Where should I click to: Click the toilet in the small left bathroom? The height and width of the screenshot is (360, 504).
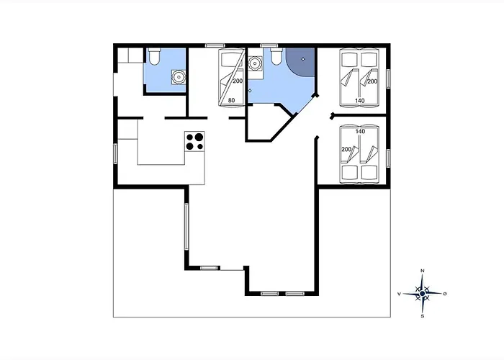point(155,56)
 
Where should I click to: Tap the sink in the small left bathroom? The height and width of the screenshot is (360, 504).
point(179,77)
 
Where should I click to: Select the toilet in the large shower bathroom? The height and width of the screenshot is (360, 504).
point(276,56)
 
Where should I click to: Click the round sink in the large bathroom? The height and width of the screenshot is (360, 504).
point(256,63)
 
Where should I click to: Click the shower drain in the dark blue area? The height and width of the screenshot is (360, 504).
point(303,59)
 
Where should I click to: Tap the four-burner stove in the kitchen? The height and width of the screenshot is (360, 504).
point(195,141)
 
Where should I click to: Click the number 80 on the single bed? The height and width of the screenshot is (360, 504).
point(231,100)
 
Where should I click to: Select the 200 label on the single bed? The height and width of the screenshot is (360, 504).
point(238,81)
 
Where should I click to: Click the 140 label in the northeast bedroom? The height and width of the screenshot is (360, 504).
point(360,101)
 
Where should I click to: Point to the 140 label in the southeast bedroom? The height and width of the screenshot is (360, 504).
point(360,132)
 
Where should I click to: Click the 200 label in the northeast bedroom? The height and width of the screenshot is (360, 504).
point(372,81)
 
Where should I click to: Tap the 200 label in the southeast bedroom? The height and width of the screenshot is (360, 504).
point(346,150)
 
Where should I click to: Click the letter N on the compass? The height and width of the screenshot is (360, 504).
point(423,271)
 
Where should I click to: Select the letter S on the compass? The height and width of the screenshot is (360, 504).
point(423,316)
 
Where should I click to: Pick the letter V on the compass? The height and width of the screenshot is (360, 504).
point(399,294)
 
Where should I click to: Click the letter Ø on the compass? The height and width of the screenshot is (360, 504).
point(445,294)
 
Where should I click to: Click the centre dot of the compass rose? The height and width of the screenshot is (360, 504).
point(423,294)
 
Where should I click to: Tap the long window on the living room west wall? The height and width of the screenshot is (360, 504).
point(186,226)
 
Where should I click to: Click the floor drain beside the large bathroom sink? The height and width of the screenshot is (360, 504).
point(250,91)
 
